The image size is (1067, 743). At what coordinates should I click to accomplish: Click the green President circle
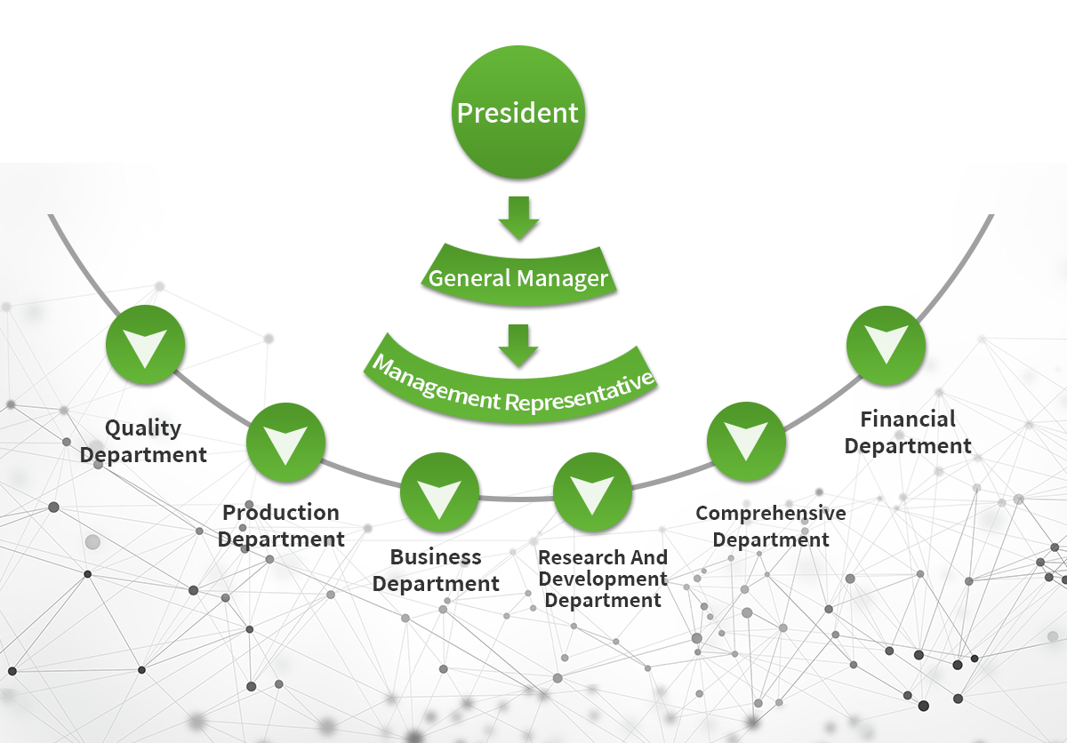[x=517, y=114]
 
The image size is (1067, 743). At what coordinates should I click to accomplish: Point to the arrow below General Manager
[x=518, y=346]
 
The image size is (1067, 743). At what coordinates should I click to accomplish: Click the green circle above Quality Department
[x=145, y=345]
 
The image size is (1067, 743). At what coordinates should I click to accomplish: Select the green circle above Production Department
[x=285, y=442]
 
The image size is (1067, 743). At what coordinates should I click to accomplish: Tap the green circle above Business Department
[x=439, y=492]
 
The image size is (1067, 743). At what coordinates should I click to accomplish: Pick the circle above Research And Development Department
[x=592, y=492]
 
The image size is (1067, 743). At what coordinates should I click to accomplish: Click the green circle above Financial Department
[x=886, y=345]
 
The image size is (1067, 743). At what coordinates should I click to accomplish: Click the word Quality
[x=143, y=428]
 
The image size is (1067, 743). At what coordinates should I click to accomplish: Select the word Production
[x=281, y=513]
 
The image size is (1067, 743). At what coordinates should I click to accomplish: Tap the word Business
[x=436, y=557]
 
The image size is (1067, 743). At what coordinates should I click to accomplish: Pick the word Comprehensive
[x=771, y=513]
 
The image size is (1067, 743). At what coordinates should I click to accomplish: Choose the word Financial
[x=908, y=419]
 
